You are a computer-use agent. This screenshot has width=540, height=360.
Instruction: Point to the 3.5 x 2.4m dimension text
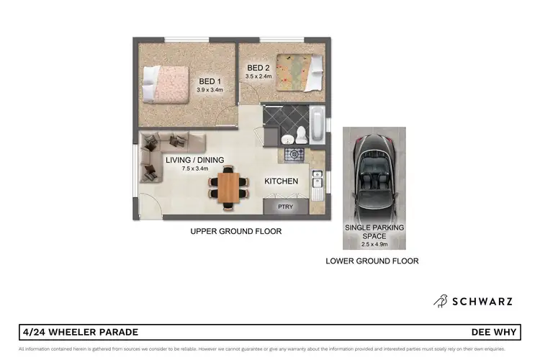tap(259, 76)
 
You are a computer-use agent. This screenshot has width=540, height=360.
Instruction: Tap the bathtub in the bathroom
tap(318, 123)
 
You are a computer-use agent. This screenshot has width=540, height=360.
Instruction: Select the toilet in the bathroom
tap(302, 135)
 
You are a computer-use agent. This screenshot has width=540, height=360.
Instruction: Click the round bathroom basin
tap(286, 139)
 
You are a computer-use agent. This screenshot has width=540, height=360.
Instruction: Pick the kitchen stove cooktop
tap(293, 154)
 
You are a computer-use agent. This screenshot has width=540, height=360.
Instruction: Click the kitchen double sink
tap(317, 181)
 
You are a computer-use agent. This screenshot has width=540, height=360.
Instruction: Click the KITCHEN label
tap(281, 181)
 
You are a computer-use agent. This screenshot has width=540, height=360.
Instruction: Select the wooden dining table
tap(228, 188)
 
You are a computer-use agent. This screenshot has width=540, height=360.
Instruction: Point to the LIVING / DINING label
tap(194, 160)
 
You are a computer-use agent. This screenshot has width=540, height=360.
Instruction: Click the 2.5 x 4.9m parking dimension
tap(374, 243)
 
